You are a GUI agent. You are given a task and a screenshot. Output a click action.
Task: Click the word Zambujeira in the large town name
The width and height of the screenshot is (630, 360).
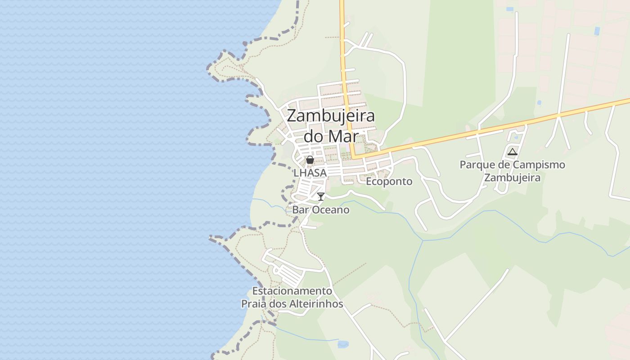[x=331, y=116]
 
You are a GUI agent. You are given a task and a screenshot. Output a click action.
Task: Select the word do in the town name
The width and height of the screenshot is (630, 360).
[x=314, y=136]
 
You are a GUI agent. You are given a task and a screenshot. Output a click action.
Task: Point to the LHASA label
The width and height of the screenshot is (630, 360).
[x=310, y=172]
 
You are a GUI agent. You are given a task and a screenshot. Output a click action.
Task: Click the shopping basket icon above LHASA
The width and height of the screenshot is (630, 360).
[x=310, y=160]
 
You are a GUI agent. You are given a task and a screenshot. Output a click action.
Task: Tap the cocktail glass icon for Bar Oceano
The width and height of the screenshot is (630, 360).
[x=321, y=196]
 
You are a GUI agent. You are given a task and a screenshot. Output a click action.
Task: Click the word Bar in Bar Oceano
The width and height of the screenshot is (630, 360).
[x=301, y=210]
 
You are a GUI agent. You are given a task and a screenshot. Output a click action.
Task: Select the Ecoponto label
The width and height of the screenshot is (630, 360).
[x=389, y=181]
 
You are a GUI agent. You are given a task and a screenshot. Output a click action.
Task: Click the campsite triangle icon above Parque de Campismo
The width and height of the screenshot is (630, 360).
[x=512, y=152]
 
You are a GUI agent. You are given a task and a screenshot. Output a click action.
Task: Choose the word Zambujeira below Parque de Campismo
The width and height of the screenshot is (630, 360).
[x=512, y=177]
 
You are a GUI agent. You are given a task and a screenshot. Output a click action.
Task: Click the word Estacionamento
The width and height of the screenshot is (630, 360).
[x=292, y=291]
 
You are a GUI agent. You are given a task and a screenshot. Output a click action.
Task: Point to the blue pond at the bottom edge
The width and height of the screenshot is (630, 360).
[x=343, y=344]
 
